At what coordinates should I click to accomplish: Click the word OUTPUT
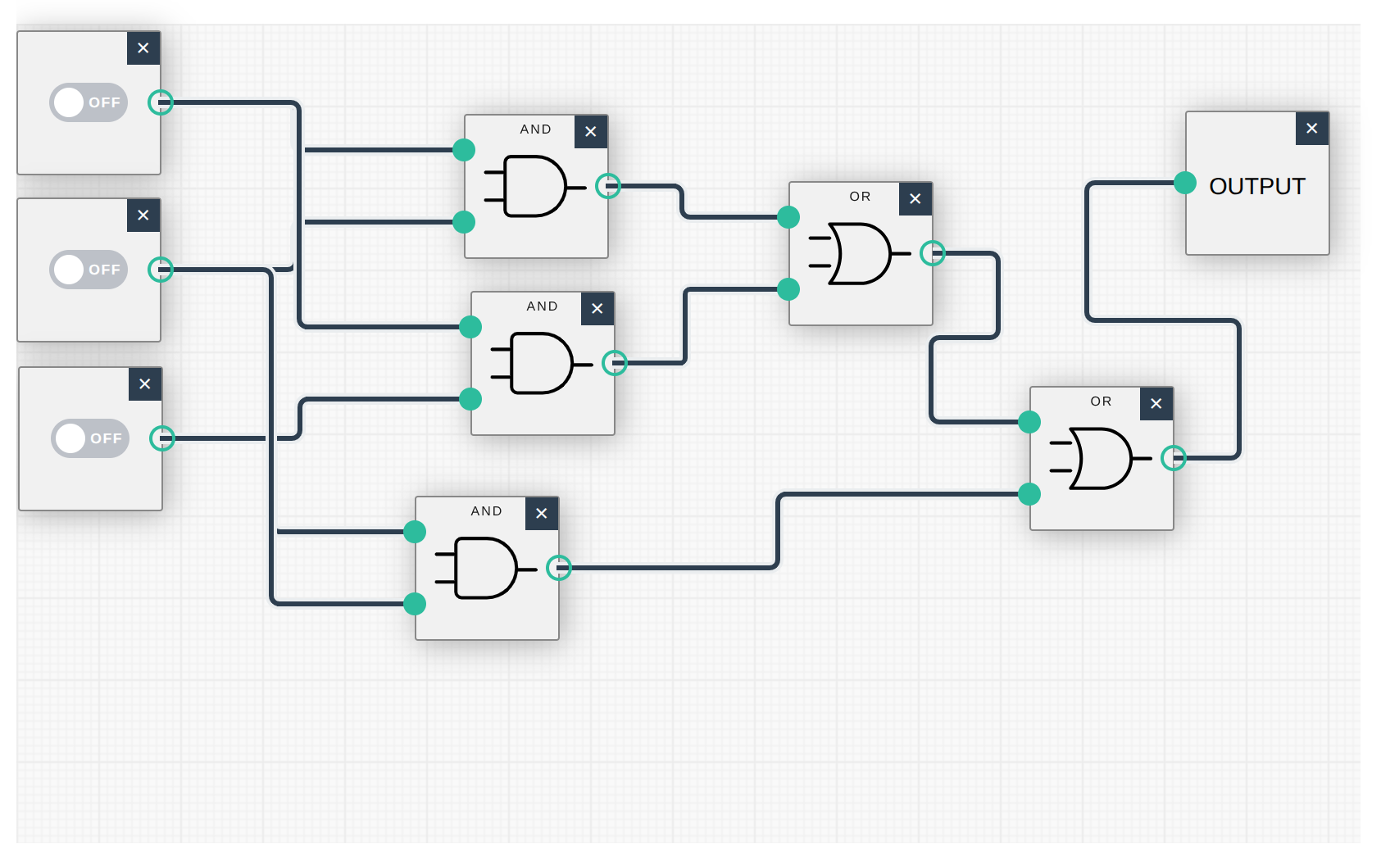tap(1256, 186)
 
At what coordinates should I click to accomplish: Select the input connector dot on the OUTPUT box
tap(1184, 183)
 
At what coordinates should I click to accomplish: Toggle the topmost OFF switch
tap(89, 102)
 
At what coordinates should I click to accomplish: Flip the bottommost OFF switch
tap(90, 438)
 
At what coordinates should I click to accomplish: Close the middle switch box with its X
tap(143, 216)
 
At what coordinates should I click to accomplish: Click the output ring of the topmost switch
tap(161, 102)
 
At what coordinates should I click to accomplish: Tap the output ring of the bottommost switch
tap(162, 438)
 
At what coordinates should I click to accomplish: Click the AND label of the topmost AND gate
tap(535, 129)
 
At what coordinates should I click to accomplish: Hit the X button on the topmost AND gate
tap(591, 132)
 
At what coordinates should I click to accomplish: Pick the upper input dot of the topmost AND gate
tap(464, 150)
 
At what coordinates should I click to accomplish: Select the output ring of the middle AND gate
tap(615, 363)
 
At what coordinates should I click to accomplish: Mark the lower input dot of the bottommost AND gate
tap(415, 604)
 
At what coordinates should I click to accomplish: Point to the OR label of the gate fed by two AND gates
tap(860, 197)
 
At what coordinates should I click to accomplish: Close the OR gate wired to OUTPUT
tap(1156, 404)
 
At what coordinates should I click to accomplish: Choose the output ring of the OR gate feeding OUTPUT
tap(1174, 458)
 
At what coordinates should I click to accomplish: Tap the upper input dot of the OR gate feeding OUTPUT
tap(1029, 422)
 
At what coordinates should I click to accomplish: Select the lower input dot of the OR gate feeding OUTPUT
tap(1029, 494)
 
